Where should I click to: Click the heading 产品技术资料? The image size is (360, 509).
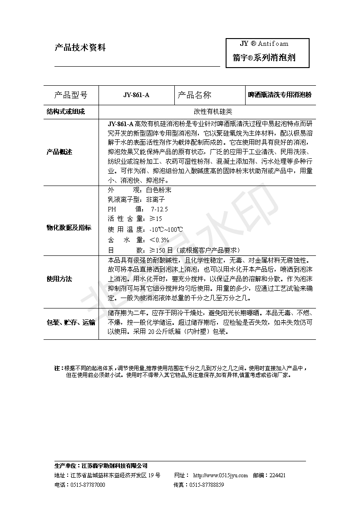tap(80, 48)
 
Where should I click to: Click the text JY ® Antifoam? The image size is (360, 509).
tap(264, 44)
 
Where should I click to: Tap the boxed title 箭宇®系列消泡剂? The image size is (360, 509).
tap(264, 58)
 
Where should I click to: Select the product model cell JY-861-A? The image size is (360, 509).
tap(136, 95)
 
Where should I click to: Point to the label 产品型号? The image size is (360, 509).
tap(70, 95)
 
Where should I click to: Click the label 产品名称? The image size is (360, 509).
tap(194, 95)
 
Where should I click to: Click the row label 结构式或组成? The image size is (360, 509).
tap(66, 112)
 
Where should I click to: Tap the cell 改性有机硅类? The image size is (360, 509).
tap(207, 112)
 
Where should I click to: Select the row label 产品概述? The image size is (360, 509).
tap(59, 152)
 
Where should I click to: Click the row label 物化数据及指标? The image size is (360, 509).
tap(69, 227)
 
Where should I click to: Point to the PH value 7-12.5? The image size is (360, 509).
tap(159, 209)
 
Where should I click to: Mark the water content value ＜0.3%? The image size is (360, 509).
tap(159, 240)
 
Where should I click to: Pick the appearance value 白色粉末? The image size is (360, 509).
tap(159, 190)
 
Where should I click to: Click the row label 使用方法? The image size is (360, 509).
tap(59, 279)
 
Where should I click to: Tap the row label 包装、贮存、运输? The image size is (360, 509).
tap(71, 323)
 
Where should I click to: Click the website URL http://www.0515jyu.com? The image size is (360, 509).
tap(221, 475)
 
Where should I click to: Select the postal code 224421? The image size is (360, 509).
tap(277, 475)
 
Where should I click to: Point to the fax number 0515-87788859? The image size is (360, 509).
tap(207, 485)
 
